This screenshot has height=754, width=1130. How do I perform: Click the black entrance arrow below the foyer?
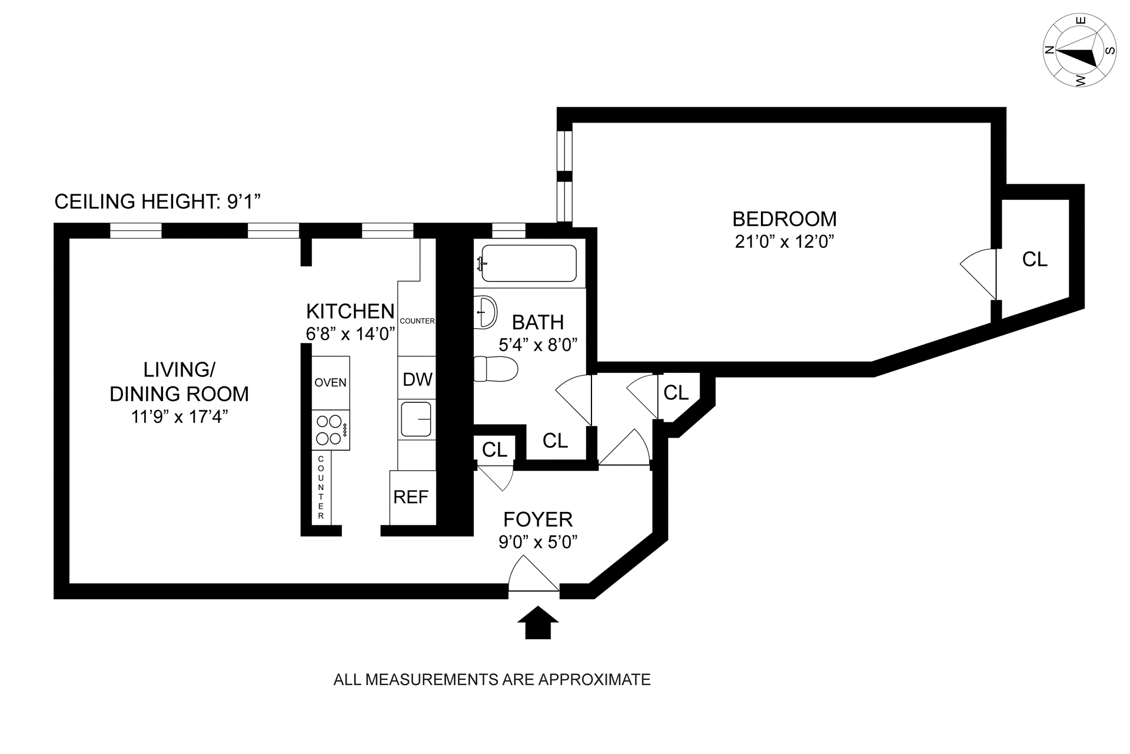point(537,623)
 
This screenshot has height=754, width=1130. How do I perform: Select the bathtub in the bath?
point(528,263)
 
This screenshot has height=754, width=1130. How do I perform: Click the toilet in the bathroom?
point(495,369)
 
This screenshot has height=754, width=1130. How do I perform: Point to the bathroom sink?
point(486,312)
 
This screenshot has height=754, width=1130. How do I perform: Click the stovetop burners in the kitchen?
point(330,430)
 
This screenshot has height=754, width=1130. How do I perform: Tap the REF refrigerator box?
point(411,497)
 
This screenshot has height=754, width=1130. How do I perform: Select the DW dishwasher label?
point(417,379)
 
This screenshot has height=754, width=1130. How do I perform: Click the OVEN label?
point(330,382)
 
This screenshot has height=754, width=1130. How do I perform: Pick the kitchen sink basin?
point(417,419)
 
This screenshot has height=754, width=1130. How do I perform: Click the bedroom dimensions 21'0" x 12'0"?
point(785,242)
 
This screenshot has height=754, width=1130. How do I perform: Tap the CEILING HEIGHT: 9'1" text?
point(157,202)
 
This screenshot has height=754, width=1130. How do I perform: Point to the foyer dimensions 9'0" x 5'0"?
point(537,541)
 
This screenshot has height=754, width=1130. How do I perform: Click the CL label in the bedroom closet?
point(1035,259)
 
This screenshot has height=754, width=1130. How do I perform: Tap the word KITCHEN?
point(350,311)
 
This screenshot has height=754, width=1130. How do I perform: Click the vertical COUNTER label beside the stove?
point(321,487)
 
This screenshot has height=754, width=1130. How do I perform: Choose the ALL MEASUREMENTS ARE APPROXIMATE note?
point(492,680)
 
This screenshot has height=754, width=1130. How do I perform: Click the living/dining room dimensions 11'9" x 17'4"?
point(180,416)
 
